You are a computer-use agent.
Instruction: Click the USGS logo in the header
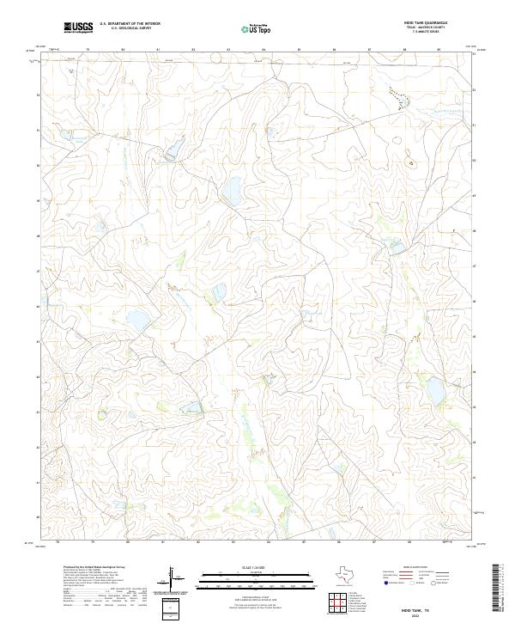(78, 27)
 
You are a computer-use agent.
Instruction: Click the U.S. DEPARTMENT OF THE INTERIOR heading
(130, 24)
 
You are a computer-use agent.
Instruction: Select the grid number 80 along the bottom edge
(127, 542)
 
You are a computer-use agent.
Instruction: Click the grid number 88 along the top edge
(403, 50)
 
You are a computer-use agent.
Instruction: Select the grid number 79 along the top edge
(89, 50)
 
